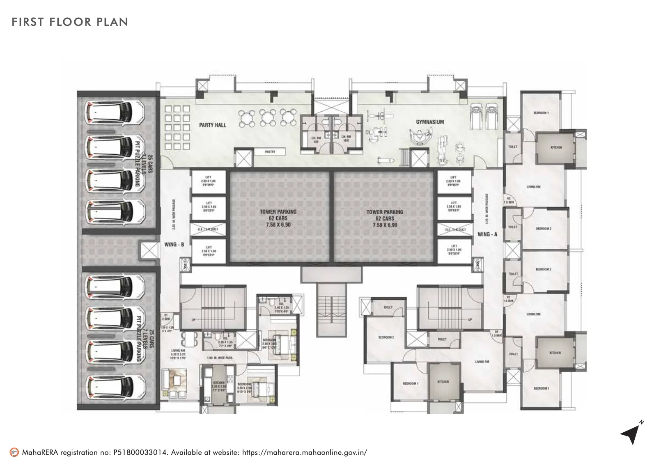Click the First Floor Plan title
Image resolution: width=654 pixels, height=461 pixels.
[x=70, y=22]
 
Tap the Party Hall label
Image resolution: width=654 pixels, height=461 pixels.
[x=212, y=125]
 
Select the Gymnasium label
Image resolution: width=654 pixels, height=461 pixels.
[x=430, y=122]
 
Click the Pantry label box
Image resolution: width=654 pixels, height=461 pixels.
[x=270, y=152]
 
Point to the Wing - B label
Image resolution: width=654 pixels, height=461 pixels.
[x=174, y=244]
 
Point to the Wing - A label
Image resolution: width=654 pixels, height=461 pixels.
[x=487, y=234]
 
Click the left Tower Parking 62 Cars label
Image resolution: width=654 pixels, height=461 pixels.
[x=278, y=218]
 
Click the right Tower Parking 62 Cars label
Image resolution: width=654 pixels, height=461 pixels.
[x=385, y=218]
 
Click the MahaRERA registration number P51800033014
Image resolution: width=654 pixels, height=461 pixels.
[x=140, y=452]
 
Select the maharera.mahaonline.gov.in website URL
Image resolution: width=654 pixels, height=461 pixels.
[x=304, y=452]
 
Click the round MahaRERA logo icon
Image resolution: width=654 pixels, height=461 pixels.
[x=14, y=452]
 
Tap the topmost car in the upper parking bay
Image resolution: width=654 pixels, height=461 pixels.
[x=115, y=112]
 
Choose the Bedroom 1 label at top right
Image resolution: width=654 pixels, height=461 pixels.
[x=541, y=112]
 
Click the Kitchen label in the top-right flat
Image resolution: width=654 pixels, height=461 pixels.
[x=556, y=147]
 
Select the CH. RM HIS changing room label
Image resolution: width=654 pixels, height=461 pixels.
[x=316, y=139]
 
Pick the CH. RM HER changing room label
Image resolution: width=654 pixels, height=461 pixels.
[x=346, y=139]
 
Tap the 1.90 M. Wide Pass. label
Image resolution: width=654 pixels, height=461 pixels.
[x=220, y=358]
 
